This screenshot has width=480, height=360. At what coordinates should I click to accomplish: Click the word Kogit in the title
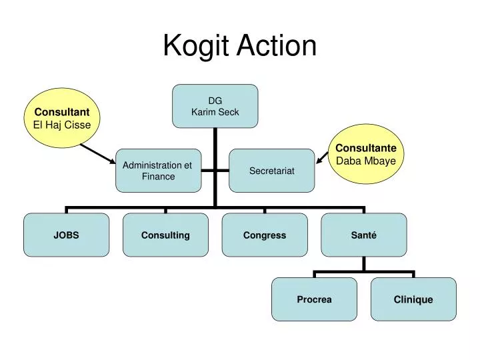(194, 46)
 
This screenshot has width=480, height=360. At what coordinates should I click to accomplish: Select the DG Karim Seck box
(215, 106)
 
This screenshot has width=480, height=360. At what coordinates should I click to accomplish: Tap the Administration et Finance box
(158, 171)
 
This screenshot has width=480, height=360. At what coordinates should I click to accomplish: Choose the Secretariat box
(271, 171)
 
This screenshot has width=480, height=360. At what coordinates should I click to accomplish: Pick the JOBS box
(67, 235)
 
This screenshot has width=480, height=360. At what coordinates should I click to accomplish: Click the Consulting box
(165, 235)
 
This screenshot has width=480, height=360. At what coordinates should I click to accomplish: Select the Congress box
(265, 235)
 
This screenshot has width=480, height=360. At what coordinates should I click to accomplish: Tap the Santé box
(363, 235)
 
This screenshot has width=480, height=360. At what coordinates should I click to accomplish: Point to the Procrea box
(314, 299)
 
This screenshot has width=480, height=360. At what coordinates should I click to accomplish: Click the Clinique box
(413, 299)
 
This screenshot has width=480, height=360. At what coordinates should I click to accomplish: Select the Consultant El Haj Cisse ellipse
(62, 117)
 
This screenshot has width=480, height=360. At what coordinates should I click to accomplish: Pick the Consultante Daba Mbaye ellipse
(365, 154)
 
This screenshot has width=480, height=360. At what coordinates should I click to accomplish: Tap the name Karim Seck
(215, 112)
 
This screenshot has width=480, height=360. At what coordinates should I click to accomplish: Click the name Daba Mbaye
(365, 161)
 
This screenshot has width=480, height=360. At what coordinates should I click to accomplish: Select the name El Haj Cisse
(62, 124)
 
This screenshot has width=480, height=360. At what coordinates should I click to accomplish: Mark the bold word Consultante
(365, 147)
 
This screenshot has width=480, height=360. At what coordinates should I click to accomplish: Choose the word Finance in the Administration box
(158, 177)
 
